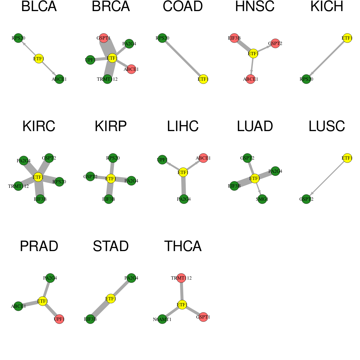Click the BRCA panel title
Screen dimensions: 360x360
pos(111,6)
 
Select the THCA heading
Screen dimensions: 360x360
pos(183,246)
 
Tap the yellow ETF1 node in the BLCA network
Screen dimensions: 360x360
pos(39,59)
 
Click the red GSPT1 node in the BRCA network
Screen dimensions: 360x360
pos(104,38)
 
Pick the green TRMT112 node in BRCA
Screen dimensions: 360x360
pos(107,79)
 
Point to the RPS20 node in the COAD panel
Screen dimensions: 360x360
pos(162,38)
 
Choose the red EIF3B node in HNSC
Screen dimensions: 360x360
pos(234,38)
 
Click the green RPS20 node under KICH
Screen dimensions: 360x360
pos(306,79)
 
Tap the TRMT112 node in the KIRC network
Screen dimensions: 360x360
pos(18,186)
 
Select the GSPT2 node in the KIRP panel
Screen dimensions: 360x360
pos(90,176)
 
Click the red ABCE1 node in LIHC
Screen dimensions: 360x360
pos(203,158)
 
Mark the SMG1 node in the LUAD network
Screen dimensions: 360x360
pos(262,199)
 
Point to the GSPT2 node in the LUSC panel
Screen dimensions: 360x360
pos(306,199)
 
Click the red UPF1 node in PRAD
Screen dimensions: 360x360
pos(59,319)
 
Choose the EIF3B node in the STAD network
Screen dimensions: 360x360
pos(90,319)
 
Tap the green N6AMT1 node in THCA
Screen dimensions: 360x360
pos(162,319)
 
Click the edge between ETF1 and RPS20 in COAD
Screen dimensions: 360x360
pos(183,59)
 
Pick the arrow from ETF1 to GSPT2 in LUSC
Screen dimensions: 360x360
pos(327,178)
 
